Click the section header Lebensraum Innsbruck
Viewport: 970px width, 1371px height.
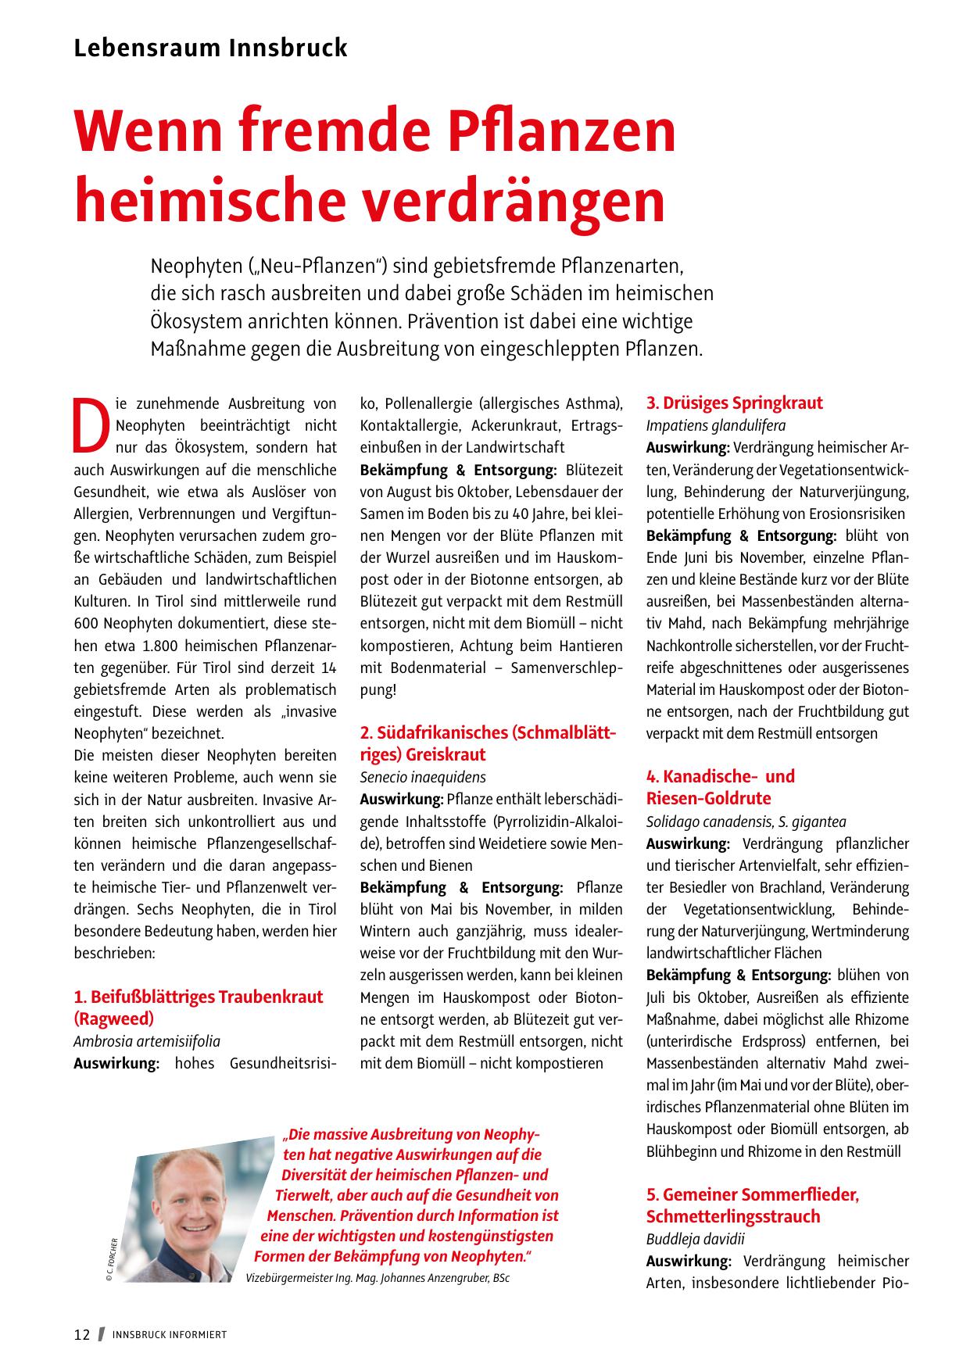coord(210,48)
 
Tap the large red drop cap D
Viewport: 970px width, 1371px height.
coord(90,426)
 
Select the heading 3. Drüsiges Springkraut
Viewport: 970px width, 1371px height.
coord(734,403)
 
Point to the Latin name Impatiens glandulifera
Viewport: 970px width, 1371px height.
coord(715,426)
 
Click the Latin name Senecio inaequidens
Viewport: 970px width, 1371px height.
coord(423,777)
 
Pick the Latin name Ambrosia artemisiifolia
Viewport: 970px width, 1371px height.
coord(147,1041)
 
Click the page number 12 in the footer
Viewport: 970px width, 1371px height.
coord(82,1334)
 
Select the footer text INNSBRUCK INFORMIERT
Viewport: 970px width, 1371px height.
coord(170,1335)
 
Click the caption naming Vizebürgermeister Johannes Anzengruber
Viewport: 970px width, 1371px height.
coord(378,1278)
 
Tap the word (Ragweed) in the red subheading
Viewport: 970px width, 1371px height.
coord(114,1019)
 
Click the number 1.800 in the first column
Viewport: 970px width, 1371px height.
coord(164,646)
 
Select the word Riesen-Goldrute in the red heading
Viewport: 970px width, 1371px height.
coord(708,799)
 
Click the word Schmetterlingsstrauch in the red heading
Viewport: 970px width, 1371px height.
coord(733,1217)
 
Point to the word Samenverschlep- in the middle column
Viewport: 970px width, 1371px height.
coord(567,668)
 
